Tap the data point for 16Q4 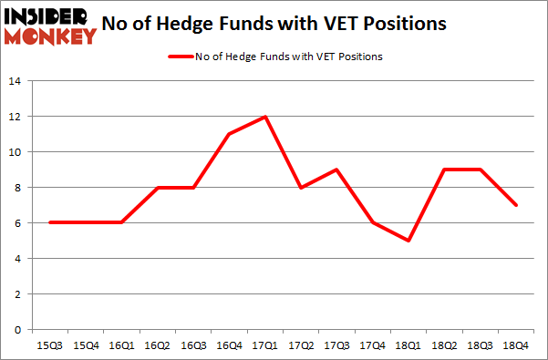227,134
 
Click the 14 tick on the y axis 15,81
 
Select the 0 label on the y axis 17,330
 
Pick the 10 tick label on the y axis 15,152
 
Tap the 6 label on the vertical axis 17,223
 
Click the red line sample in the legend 181,57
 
